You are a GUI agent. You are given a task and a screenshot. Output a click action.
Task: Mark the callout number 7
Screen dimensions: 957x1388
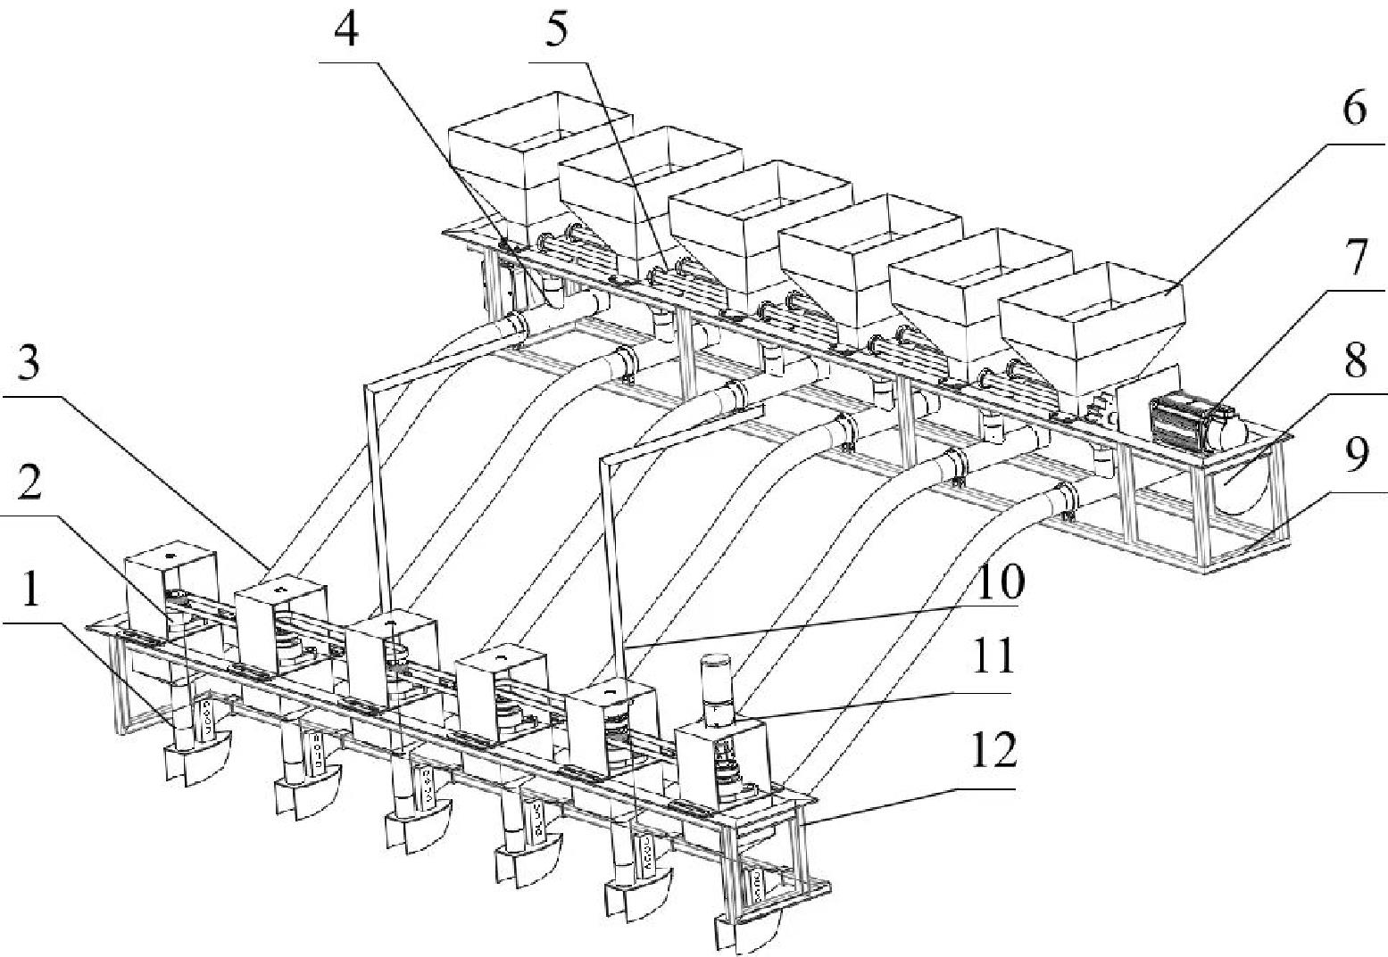pyautogui.click(x=1355, y=260)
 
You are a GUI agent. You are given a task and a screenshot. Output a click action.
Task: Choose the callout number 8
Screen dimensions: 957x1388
pyautogui.click(x=1355, y=362)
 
